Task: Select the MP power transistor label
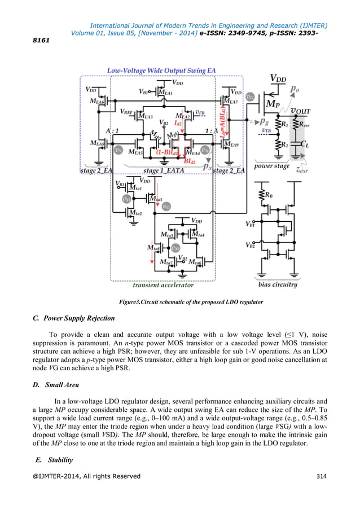(x=273, y=105)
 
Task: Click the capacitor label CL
(x=305, y=144)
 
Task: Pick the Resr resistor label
(x=303, y=125)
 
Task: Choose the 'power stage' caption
(x=273, y=166)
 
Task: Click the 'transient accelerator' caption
(x=163, y=285)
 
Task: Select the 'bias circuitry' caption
(x=278, y=284)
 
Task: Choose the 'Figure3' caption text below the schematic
(x=191, y=302)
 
